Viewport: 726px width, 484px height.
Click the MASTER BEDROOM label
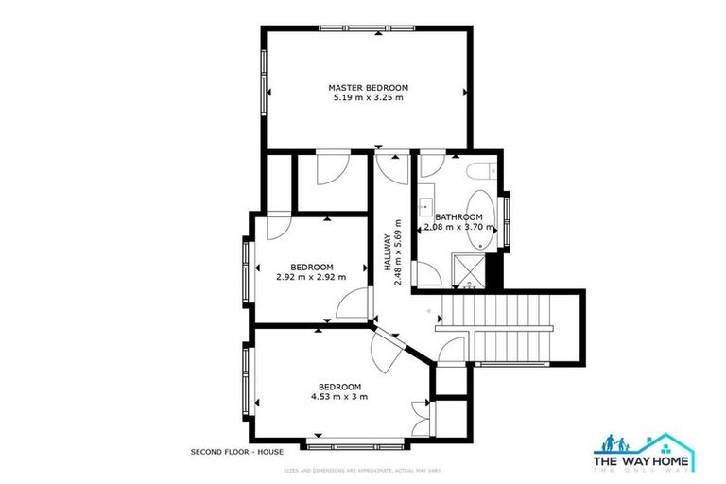[x=368, y=87]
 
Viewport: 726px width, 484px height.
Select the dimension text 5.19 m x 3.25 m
[x=368, y=97]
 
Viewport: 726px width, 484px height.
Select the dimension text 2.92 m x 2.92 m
[x=311, y=277]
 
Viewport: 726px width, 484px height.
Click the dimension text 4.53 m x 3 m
[x=338, y=397]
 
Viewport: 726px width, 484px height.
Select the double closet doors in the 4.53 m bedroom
[x=420, y=418]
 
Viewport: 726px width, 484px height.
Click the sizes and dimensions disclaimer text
[x=363, y=470]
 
